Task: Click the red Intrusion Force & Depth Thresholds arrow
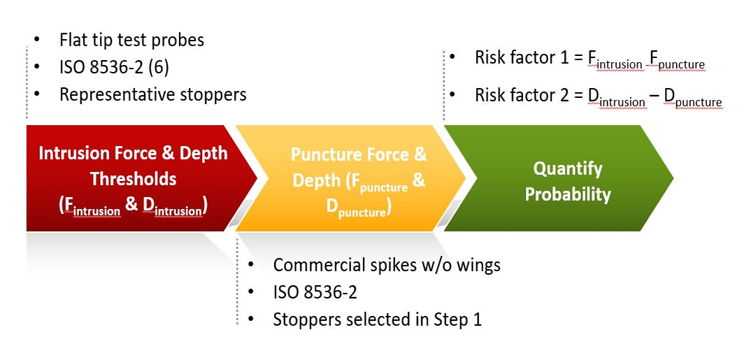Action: [x=133, y=178]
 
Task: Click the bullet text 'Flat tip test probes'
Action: [x=131, y=40]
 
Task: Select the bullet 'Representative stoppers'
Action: [x=152, y=94]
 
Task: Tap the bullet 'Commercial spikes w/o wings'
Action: [x=386, y=265]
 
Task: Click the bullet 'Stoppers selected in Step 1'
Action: [x=377, y=319]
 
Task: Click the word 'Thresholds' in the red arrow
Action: [x=133, y=179]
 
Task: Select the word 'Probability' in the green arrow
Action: [x=568, y=194]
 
